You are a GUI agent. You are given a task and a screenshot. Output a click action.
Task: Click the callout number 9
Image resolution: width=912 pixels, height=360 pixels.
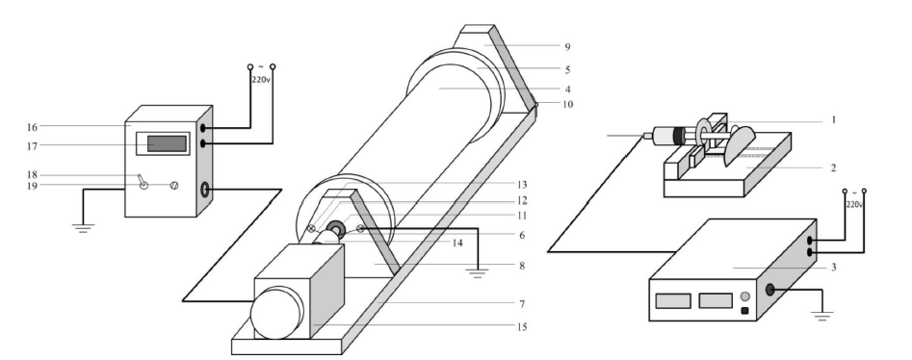click(567, 46)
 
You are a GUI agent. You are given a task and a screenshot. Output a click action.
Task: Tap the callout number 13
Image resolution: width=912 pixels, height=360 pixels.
click(522, 185)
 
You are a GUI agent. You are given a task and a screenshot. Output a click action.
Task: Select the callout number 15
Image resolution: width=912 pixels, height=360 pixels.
click(522, 327)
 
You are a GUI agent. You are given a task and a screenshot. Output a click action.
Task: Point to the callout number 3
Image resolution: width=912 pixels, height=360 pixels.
click(833, 268)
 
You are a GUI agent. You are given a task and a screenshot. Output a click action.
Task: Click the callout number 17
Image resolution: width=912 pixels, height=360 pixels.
click(32, 146)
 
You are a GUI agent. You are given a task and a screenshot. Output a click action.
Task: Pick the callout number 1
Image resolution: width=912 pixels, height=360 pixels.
click(833, 119)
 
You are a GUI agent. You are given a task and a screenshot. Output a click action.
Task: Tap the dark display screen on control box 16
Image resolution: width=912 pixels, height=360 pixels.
click(167, 143)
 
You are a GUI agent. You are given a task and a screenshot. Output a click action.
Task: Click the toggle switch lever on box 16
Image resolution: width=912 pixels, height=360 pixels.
click(142, 182)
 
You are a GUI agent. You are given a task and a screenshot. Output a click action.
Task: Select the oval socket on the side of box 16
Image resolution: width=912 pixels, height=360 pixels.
click(205, 190)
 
